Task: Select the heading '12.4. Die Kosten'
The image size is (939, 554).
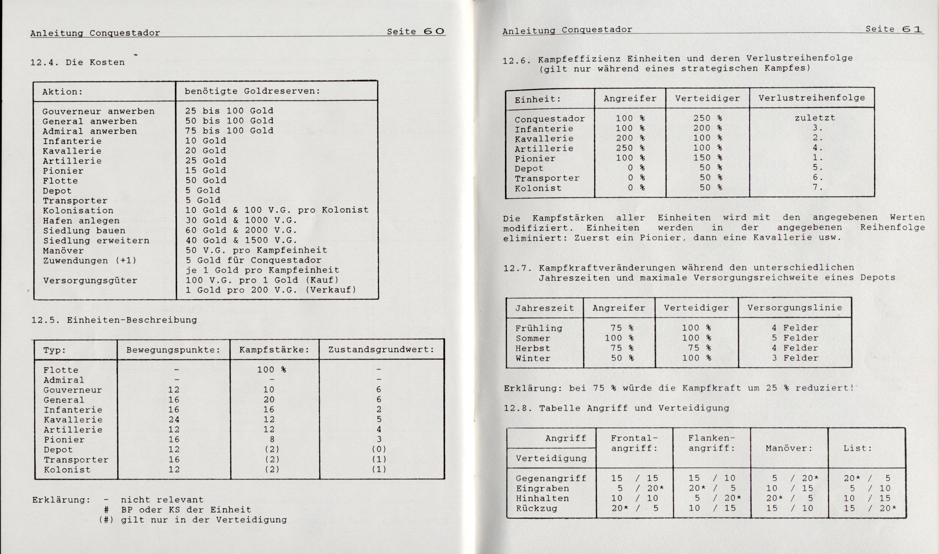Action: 78,62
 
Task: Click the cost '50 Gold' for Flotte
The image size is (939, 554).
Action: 206,180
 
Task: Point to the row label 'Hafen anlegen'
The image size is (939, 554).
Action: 81,220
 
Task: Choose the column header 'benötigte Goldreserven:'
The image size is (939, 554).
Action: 252,91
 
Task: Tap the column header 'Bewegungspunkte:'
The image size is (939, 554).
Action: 173,350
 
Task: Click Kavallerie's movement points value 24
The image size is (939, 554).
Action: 174,420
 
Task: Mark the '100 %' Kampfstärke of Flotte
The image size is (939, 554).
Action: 272,370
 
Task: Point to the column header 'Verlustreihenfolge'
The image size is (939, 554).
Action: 812,98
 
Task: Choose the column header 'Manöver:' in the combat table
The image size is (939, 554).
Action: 789,448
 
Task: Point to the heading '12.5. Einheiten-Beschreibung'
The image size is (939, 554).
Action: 114,320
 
